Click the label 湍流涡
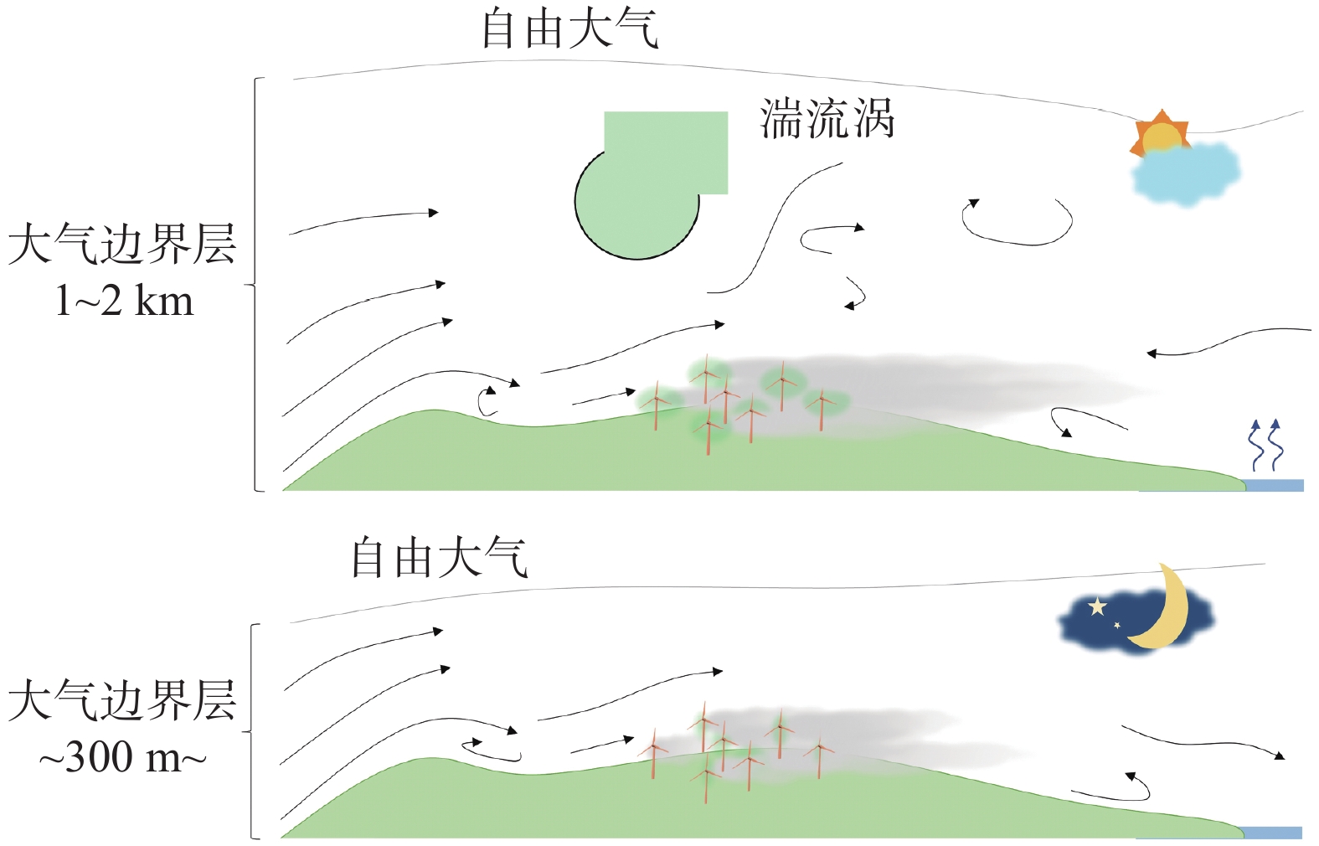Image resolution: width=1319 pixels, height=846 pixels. coord(827,119)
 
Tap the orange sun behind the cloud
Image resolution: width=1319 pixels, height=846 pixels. coord(1159,132)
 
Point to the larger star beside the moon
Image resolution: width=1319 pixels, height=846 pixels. coord(1097,606)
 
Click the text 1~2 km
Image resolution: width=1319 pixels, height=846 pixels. coord(124,301)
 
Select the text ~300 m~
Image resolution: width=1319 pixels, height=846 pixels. coord(122,758)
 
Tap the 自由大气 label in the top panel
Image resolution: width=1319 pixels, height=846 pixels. coord(569,30)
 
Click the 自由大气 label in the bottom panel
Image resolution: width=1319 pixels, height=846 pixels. coord(439,559)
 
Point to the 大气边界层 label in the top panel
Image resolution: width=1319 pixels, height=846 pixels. coord(122,245)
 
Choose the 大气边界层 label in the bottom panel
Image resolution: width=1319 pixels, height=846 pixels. coord(122,701)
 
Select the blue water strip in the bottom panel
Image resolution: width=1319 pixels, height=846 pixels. coord(1271,832)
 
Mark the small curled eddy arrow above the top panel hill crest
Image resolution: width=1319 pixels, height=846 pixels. coord(486,401)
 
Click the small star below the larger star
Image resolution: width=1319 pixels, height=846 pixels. coord(1117,625)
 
